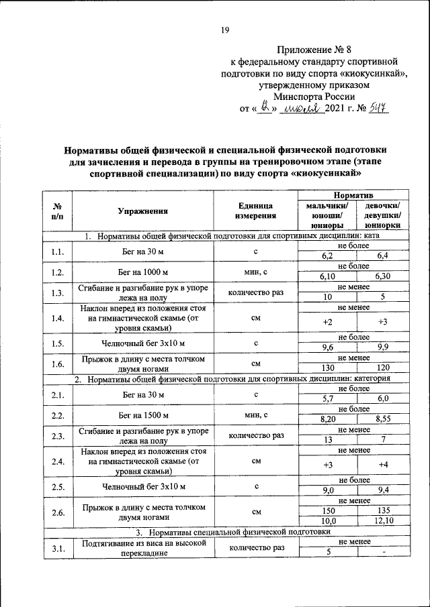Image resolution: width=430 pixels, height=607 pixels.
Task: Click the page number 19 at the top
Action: tap(226, 29)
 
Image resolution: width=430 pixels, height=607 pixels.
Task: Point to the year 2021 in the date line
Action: tap(337, 109)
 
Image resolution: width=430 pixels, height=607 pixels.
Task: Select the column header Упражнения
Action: tap(142, 211)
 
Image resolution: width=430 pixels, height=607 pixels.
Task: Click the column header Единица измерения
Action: tap(255, 211)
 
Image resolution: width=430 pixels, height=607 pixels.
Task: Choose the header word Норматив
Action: tap(354, 194)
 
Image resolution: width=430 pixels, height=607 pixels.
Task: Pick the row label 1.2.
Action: tap(58, 272)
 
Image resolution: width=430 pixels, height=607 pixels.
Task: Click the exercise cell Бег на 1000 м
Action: tap(142, 272)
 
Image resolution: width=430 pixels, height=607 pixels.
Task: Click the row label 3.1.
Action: tap(58, 549)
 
